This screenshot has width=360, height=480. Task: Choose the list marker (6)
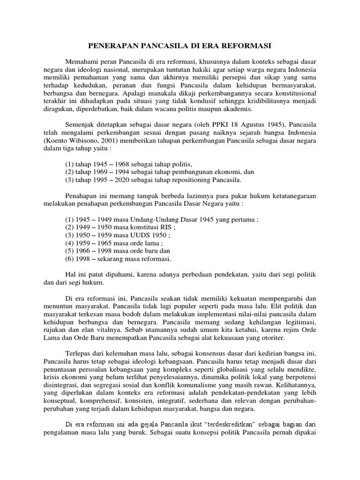click(x=70, y=259)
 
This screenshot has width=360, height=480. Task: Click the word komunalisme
click(x=183, y=385)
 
